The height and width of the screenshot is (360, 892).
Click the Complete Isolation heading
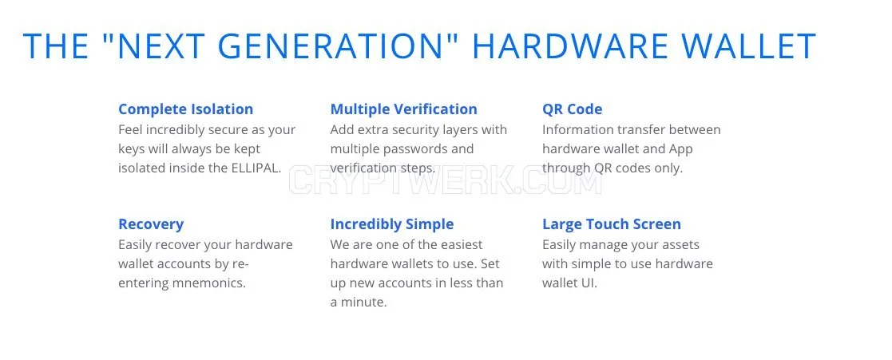185,109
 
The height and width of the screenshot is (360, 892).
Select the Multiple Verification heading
404,109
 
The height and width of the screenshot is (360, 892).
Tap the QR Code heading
573,109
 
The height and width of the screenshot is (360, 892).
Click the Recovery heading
151,224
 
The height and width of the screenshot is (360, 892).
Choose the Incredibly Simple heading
392,224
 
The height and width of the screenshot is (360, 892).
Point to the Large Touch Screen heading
612,224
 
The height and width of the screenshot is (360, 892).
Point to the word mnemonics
211,283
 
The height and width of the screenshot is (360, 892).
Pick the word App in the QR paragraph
680,149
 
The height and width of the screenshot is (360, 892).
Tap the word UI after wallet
589,283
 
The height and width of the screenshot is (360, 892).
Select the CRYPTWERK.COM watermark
446,180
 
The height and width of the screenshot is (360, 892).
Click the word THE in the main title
55,46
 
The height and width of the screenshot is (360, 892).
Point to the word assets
680,245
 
